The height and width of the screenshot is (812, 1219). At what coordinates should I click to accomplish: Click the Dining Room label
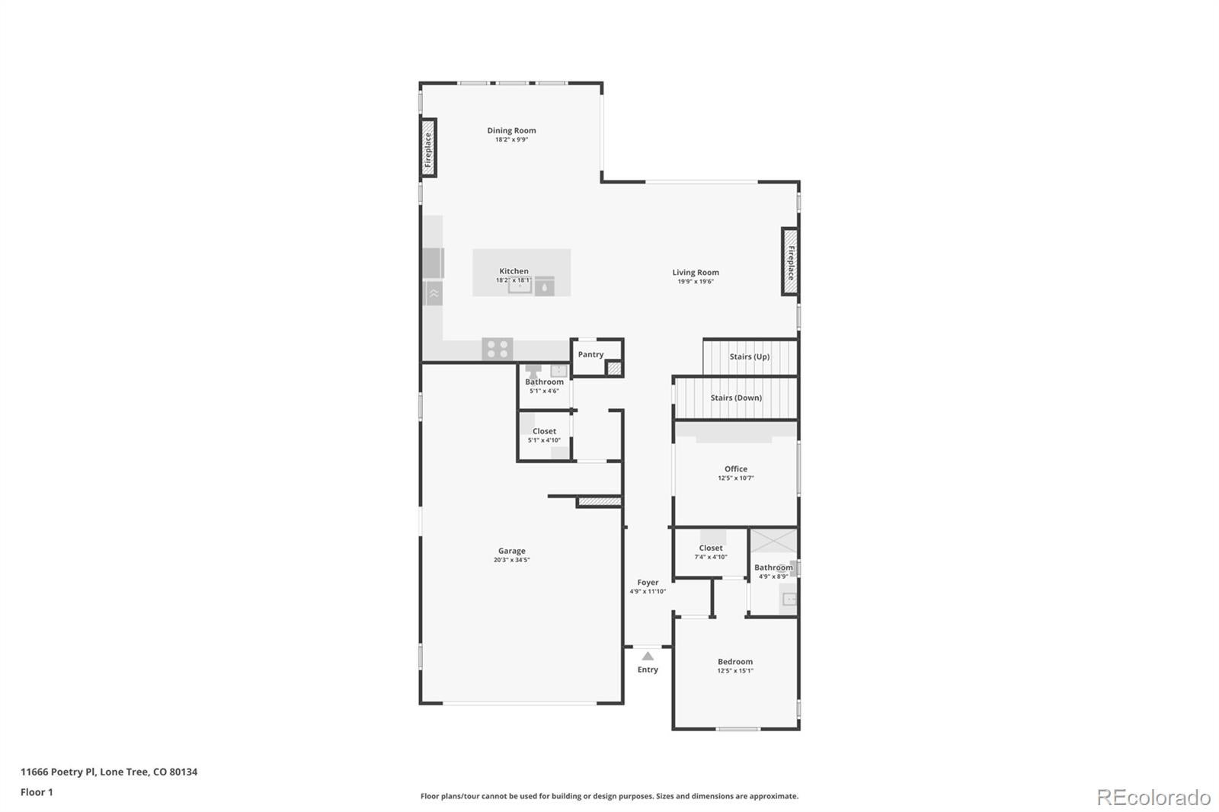[x=511, y=130]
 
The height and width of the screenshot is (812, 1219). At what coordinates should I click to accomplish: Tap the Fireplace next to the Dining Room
[x=429, y=148]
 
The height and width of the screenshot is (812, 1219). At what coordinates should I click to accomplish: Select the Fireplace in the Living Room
[x=790, y=261]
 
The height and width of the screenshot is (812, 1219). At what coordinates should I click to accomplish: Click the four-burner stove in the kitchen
[x=497, y=350]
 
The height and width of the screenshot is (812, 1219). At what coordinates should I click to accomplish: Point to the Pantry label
[x=590, y=354]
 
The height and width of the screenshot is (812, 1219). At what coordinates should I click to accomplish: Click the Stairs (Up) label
[x=750, y=356]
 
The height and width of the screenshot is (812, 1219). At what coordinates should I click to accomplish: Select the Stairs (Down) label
[x=736, y=398]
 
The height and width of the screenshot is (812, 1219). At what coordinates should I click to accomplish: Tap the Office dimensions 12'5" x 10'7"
[x=736, y=478]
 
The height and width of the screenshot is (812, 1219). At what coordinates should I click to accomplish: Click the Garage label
[x=512, y=551]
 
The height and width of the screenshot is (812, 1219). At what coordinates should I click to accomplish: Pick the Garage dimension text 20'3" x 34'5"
[x=512, y=560]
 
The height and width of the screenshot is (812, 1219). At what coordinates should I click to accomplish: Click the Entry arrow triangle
[x=648, y=656]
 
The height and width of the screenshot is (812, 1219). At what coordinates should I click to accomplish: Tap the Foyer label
[x=648, y=582]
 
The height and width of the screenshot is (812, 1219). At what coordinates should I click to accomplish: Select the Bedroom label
[x=735, y=661]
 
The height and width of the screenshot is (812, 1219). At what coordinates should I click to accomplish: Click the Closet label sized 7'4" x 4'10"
[x=711, y=548]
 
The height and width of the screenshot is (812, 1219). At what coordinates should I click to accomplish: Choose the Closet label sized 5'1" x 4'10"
[x=544, y=431]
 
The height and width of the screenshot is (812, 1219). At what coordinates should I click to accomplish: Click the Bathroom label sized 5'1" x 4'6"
[x=544, y=382]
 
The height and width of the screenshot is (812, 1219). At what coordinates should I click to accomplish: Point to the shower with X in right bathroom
[x=773, y=542]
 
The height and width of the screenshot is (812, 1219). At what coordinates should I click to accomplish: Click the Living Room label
[x=696, y=272]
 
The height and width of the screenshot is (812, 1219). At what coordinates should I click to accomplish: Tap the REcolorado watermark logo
[x=1153, y=797]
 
